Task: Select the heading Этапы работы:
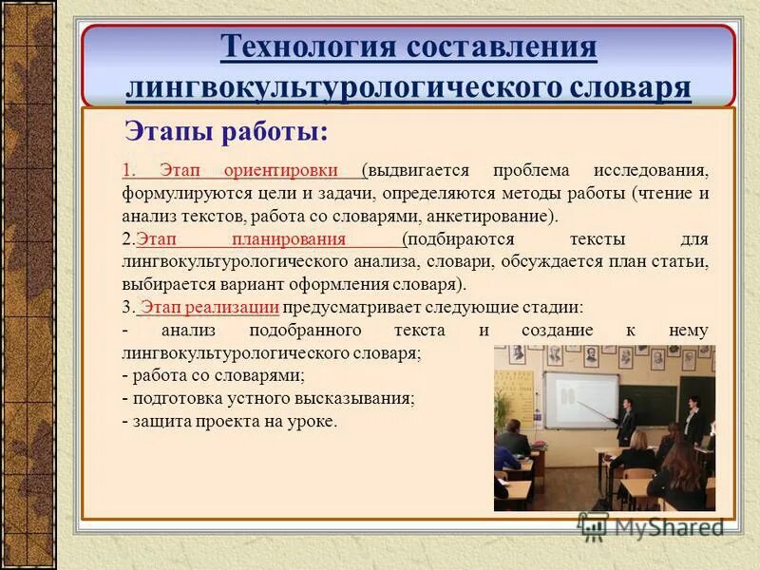tap(227, 132)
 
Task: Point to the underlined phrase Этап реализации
tap(209, 307)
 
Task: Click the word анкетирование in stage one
tap(491, 217)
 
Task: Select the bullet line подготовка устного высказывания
tap(269, 398)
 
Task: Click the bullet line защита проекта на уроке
tap(230, 421)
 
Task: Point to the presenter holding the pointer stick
tap(626, 414)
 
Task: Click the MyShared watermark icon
tap(594, 525)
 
